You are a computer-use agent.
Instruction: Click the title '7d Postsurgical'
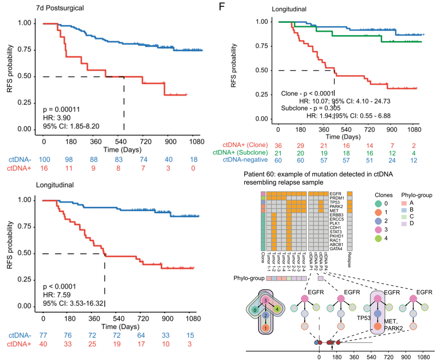[60, 7]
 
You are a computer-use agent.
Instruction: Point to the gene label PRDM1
[337, 197]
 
